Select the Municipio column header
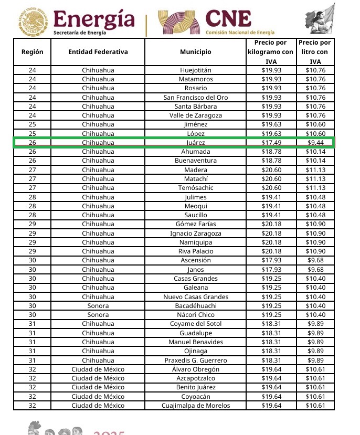(195, 52)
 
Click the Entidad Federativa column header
(98, 52)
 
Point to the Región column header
(33, 52)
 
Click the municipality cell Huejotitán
(195, 70)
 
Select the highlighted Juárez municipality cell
(195, 143)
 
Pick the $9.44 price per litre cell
(315, 143)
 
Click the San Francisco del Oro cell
(195, 97)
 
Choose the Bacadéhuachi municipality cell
(195, 306)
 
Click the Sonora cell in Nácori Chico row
(98, 315)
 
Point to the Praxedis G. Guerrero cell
(195, 360)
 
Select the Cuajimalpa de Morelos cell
(195, 406)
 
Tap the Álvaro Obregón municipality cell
(195, 369)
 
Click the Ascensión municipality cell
(195, 260)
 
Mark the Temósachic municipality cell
(195, 188)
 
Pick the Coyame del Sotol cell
(195, 324)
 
